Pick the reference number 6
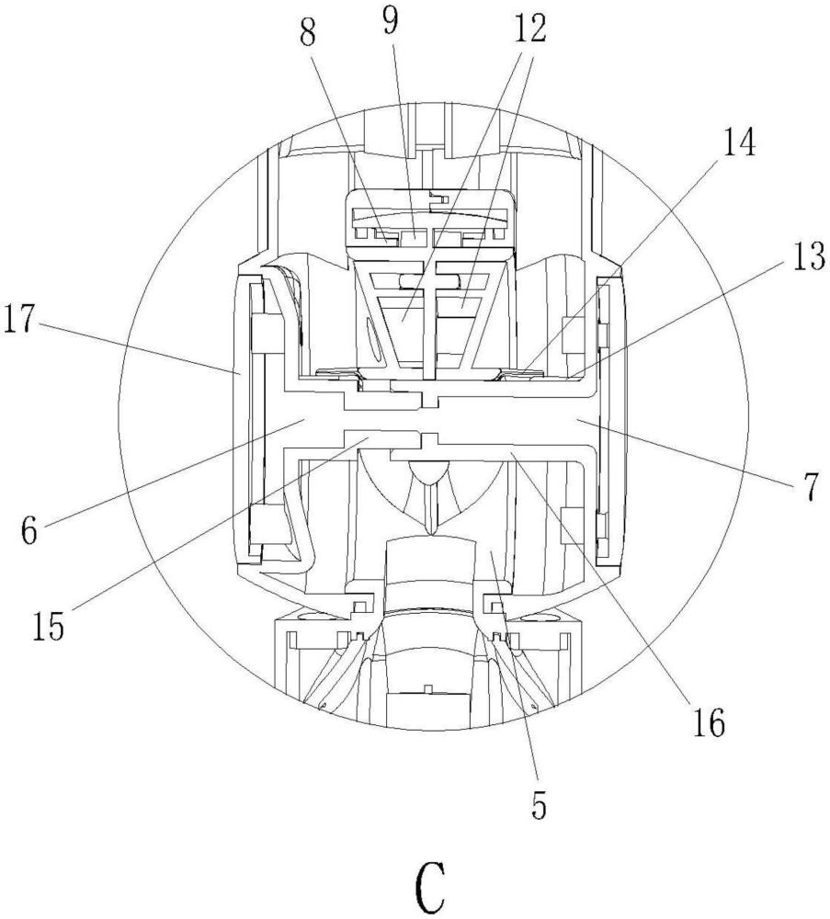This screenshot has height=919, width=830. coord(29,531)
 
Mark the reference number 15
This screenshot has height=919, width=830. coord(48,627)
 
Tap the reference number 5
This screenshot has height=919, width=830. coord(538,805)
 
